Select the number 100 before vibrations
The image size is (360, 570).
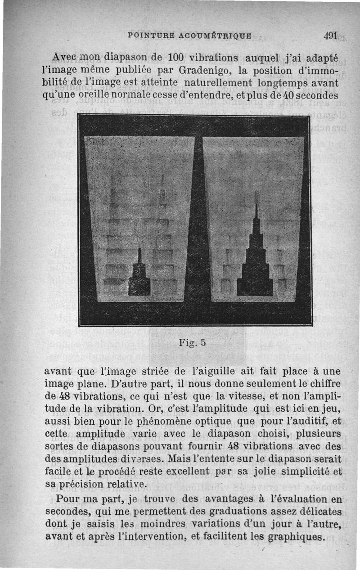pos(174,58)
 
